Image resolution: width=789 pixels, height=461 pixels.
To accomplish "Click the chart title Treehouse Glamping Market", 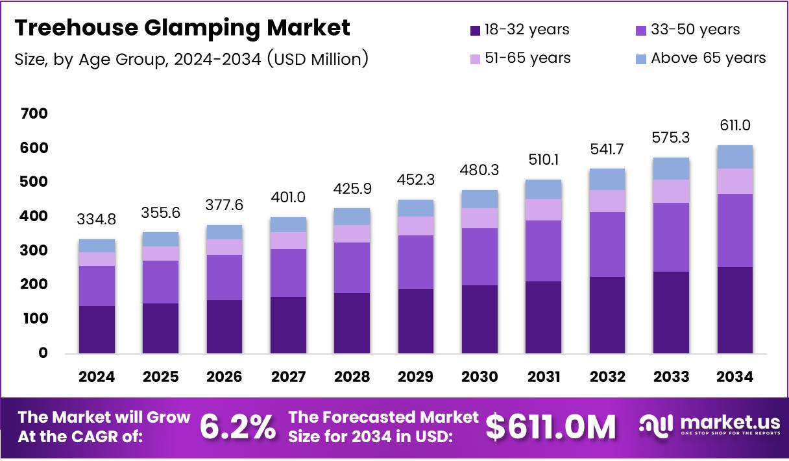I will [x=182, y=28].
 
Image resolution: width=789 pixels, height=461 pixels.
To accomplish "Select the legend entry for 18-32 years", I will [x=519, y=30].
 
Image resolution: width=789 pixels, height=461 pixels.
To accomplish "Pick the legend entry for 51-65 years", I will [x=519, y=58].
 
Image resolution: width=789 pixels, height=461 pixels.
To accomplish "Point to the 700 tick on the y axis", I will [x=34, y=114].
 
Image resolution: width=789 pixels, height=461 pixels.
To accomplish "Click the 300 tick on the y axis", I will [x=34, y=251].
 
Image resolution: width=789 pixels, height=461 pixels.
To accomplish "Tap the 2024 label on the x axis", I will [x=97, y=377].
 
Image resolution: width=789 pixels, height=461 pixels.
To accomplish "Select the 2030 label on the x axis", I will [x=479, y=377].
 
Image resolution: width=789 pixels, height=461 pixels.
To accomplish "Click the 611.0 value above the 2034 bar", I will [x=735, y=126].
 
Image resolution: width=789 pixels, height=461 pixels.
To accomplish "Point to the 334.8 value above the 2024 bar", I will [x=97, y=220].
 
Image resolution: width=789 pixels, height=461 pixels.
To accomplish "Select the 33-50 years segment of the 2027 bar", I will [x=288, y=273].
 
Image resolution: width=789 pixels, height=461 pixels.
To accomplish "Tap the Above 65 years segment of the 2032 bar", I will [x=607, y=179].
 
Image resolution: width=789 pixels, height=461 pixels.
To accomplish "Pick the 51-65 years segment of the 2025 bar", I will [x=160, y=254].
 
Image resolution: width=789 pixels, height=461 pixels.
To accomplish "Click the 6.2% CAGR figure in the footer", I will [x=237, y=427].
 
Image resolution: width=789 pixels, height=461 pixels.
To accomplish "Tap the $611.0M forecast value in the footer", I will [x=551, y=427].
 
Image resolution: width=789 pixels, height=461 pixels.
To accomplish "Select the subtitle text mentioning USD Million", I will [x=191, y=59].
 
